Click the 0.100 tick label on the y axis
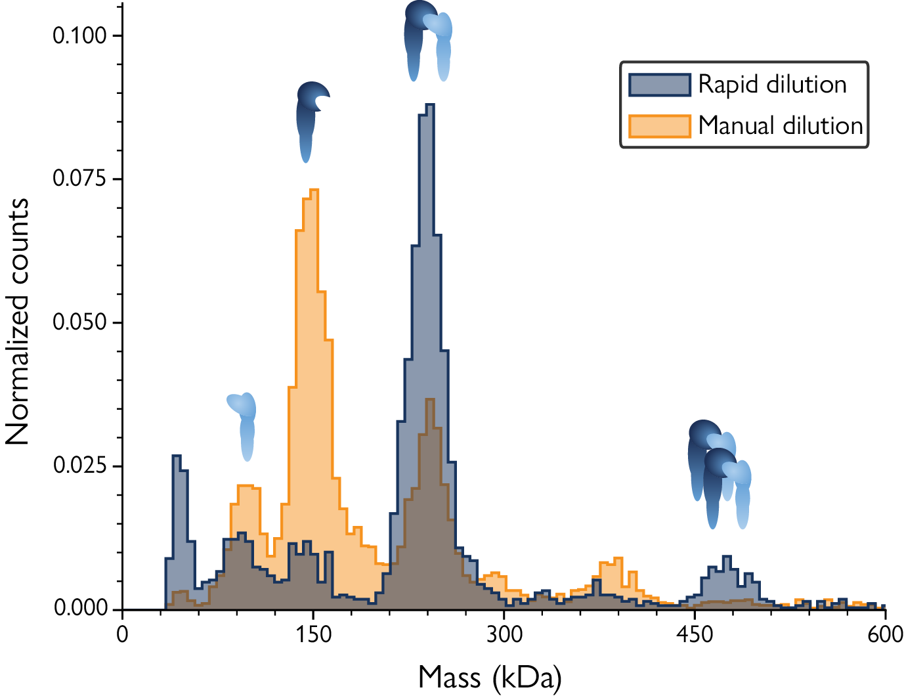(x=79, y=35)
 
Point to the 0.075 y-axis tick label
(x=79, y=179)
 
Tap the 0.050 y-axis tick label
(x=79, y=322)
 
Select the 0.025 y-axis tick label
(x=79, y=466)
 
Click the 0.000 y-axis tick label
(x=79, y=609)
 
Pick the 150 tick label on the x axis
(x=313, y=634)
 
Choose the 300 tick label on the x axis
(x=504, y=634)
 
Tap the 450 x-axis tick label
(x=695, y=634)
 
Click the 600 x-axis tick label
(x=885, y=634)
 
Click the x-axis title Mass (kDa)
(x=490, y=677)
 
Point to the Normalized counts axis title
(x=18, y=322)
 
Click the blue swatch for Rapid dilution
(x=659, y=85)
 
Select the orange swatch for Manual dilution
(x=659, y=125)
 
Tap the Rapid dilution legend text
(x=772, y=85)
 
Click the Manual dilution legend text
(x=780, y=125)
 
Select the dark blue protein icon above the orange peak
(x=310, y=120)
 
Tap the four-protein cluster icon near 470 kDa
(x=719, y=473)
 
